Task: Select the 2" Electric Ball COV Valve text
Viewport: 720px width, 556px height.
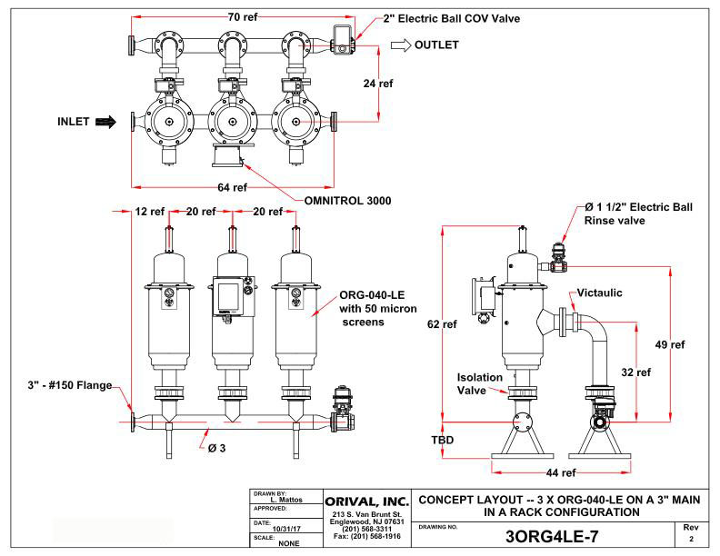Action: coord(443,17)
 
